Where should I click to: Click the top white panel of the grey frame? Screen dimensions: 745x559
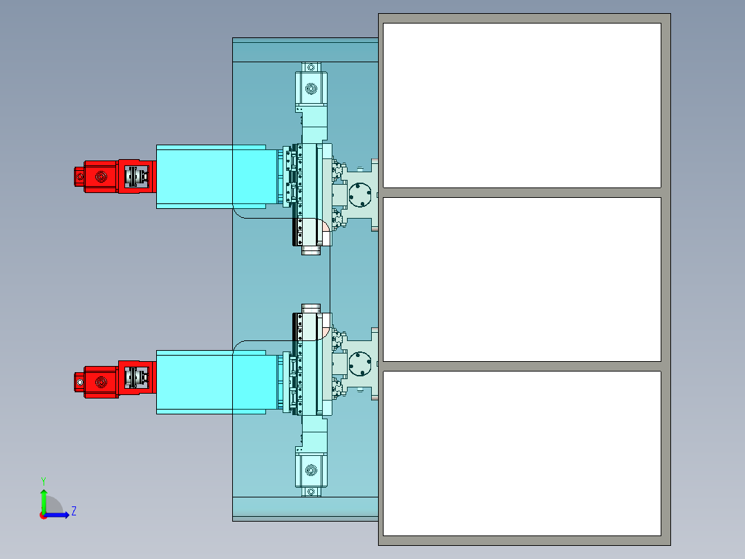(x=522, y=105)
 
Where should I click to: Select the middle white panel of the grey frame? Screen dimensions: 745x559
(x=522, y=279)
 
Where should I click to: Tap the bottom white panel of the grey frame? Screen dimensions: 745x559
(x=522, y=453)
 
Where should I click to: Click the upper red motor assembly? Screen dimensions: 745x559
(x=115, y=176)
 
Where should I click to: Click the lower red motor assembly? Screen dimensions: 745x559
(x=115, y=379)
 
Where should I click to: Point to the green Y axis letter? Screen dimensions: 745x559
(x=44, y=481)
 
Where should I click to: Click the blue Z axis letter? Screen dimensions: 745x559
(x=74, y=511)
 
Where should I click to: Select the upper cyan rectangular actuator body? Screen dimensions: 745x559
(x=217, y=176)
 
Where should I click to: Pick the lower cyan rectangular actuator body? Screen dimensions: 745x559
(x=217, y=383)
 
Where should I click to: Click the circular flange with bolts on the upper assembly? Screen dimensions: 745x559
(x=360, y=195)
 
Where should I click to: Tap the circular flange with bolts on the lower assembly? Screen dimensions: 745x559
(x=360, y=363)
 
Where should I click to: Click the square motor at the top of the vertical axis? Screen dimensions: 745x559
(x=311, y=89)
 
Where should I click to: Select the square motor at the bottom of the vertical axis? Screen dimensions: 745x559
(x=311, y=470)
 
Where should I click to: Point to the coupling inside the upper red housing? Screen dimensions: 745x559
(x=137, y=176)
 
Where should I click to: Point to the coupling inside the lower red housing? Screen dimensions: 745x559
(x=137, y=378)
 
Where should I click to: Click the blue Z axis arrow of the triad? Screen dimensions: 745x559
(x=57, y=515)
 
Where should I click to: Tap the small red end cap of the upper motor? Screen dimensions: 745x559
(x=79, y=176)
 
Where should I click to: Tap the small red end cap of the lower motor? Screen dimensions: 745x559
(x=79, y=382)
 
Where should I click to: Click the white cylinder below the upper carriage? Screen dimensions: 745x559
(x=311, y=250)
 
